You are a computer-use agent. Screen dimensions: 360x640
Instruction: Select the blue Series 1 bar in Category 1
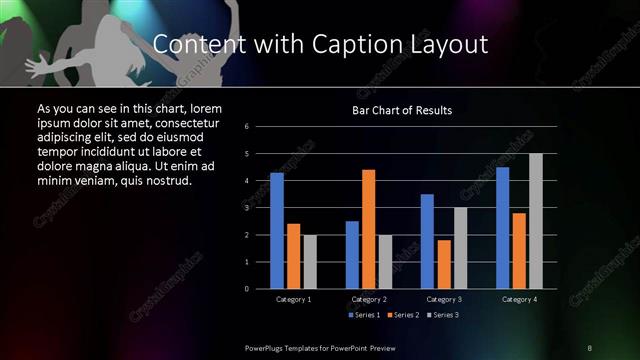(x=277, y=230)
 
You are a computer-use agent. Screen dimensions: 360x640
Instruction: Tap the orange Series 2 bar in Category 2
(x=369, y=228)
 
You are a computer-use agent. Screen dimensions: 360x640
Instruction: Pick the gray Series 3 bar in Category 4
(x=536, y=220)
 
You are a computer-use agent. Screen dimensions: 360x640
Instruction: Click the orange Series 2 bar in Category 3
(x=444, y=263)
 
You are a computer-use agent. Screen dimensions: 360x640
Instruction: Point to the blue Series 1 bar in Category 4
(x=502, y=227)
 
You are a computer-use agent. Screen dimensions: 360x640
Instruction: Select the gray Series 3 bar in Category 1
(x=310, y=261)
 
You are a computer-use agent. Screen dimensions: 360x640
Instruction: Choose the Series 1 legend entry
(x=363, y=316)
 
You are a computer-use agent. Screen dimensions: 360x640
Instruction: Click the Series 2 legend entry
(x=401, y=316)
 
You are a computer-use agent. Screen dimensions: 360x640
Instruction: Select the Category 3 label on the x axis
(x=444, y=299)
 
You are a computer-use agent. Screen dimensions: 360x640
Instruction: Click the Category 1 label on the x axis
(x=293, y=299)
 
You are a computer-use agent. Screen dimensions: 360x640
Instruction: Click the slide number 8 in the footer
(x=590, y=347)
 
